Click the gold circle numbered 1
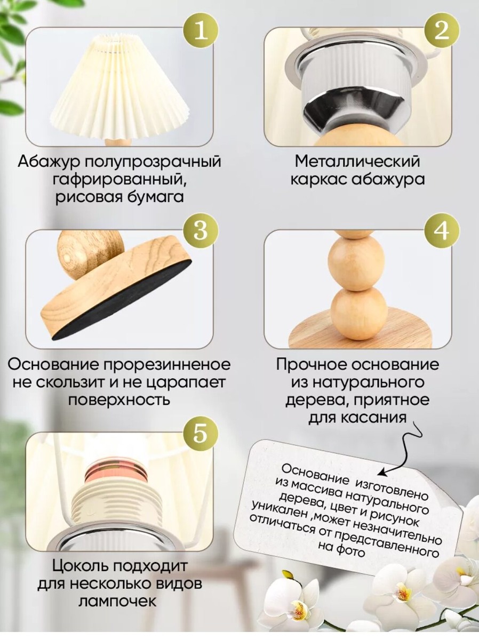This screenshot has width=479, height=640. click(x=201, y=32)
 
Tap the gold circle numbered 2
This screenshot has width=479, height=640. click(x=441, y=32)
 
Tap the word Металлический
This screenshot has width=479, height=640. click(x=357, y=162)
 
